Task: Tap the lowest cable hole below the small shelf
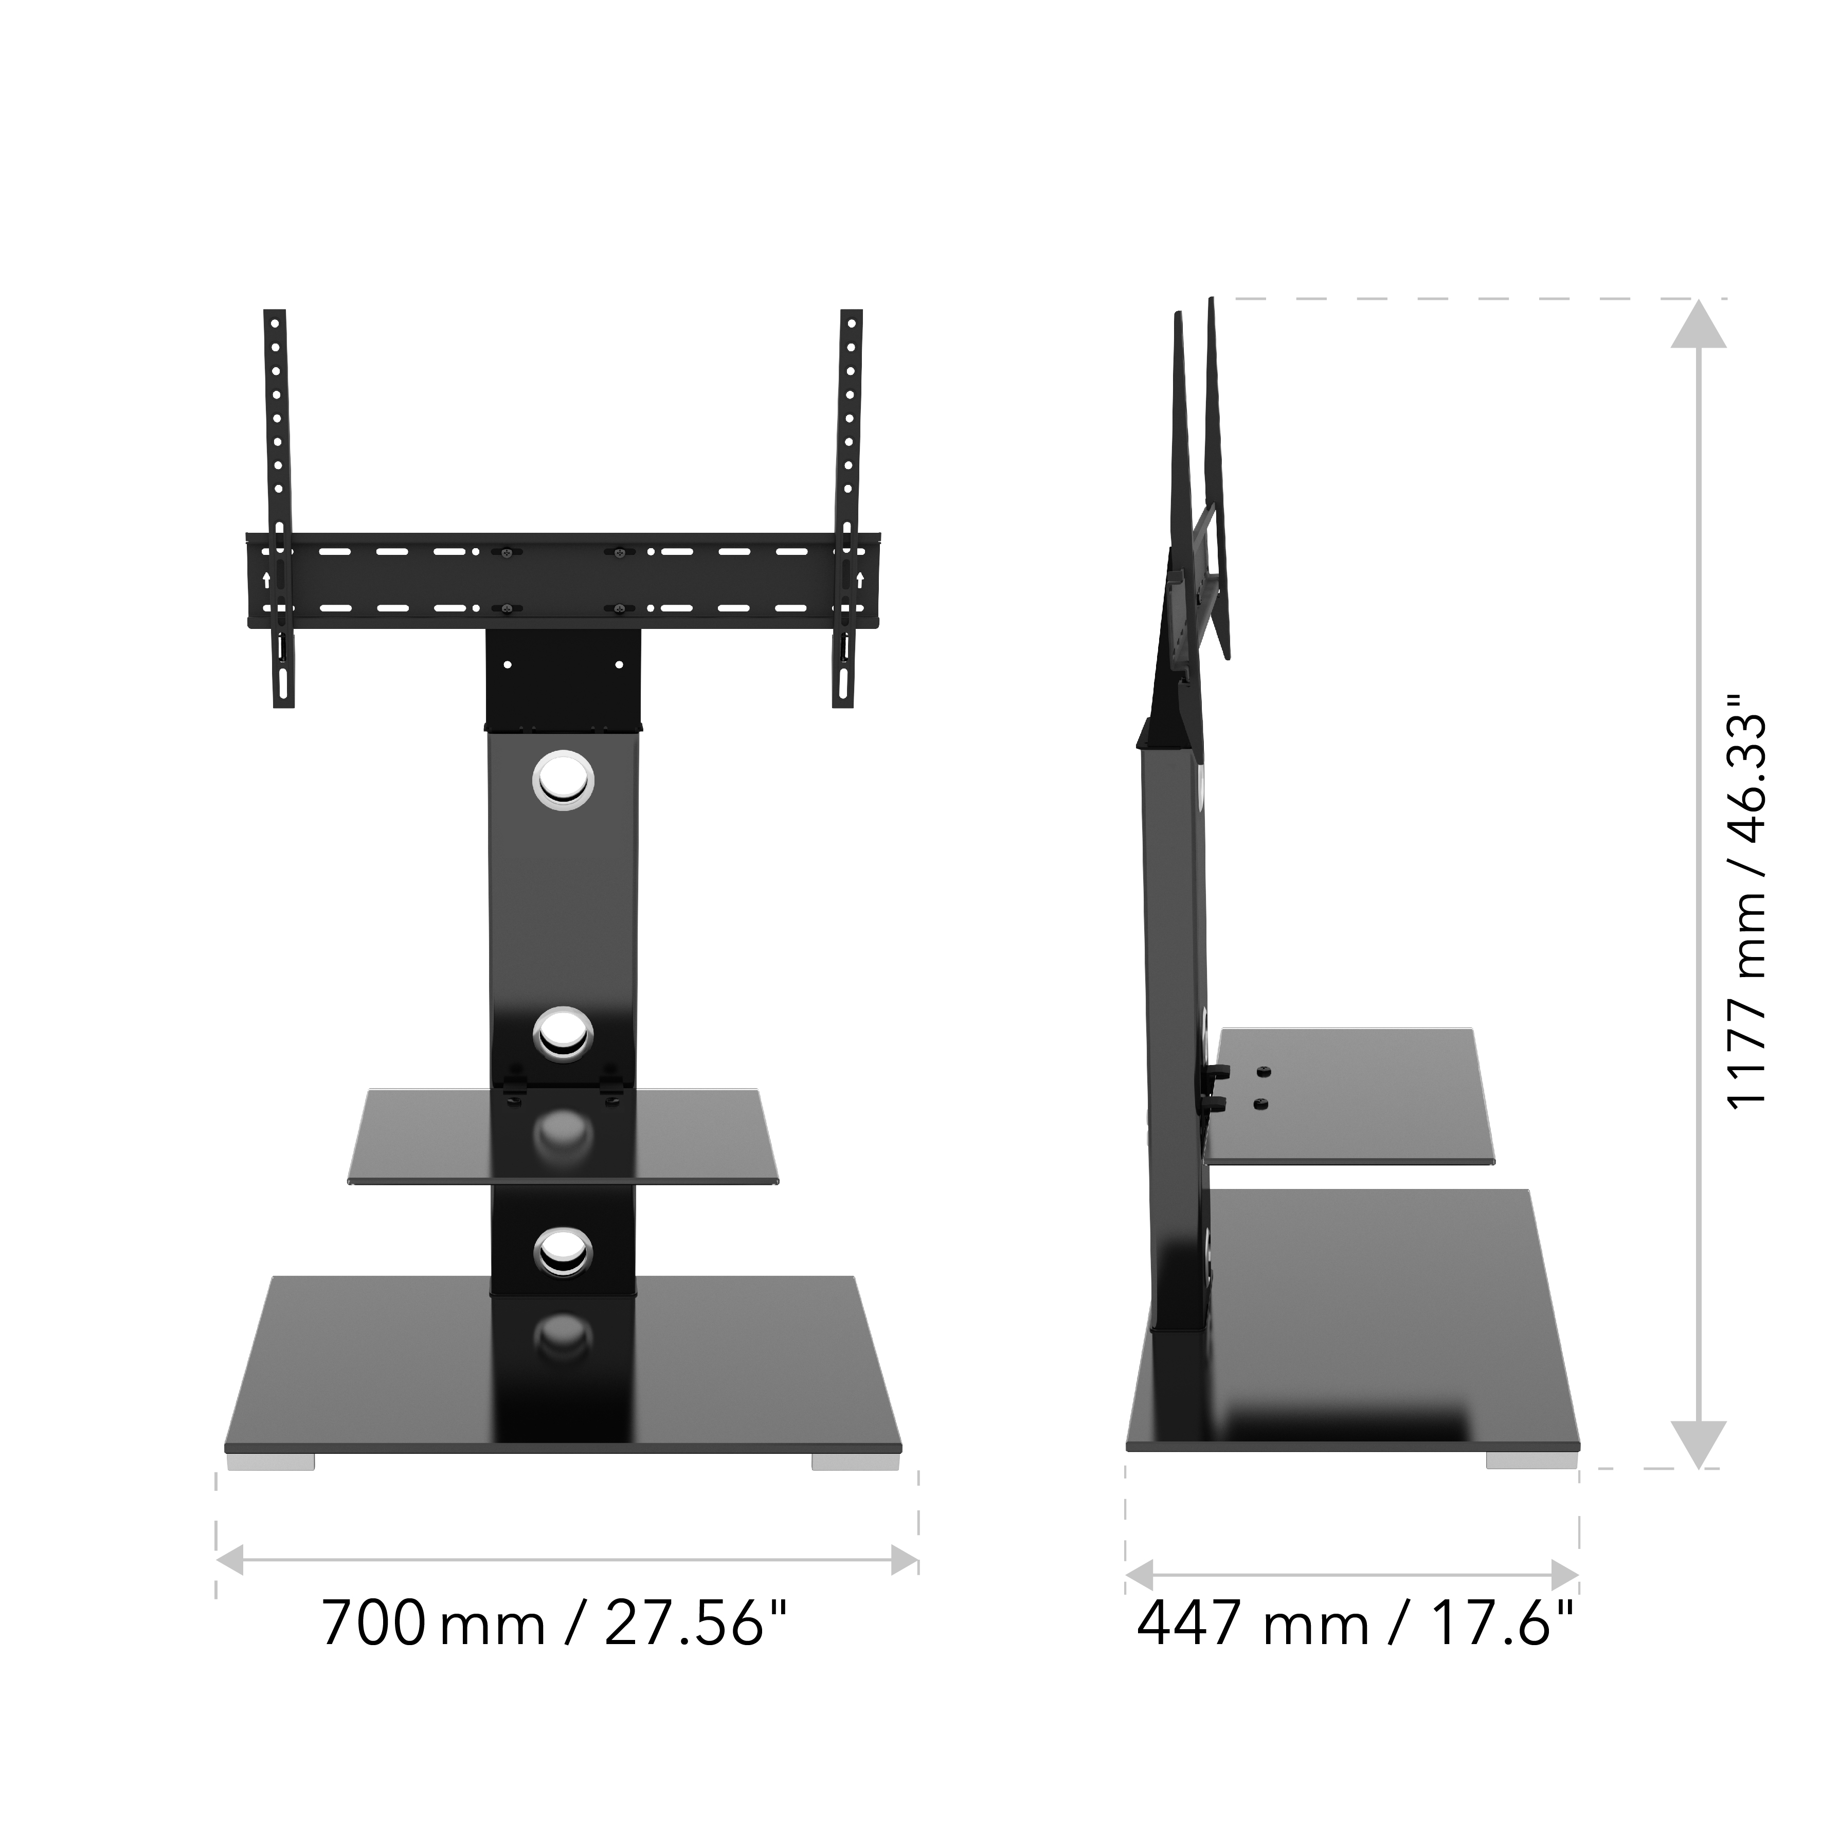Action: [563, 1252]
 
